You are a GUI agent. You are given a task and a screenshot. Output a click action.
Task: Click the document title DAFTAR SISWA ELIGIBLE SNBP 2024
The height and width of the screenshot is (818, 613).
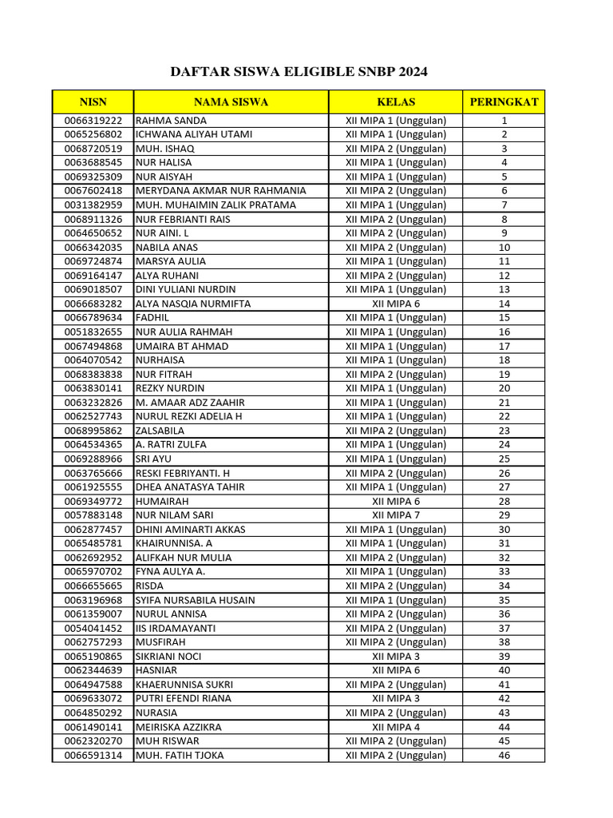pos(299,72)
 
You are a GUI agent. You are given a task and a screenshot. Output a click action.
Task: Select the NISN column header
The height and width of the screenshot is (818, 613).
pos(93,101)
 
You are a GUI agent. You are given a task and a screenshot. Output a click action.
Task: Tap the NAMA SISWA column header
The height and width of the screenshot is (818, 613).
pos(231,101)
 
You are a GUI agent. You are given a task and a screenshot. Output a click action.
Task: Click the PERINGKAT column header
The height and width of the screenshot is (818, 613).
pos(504,101)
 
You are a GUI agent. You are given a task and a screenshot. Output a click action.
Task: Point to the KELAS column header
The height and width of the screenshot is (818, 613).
pos(396,101)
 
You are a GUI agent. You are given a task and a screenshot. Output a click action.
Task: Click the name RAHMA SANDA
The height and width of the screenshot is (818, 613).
pos(172,120)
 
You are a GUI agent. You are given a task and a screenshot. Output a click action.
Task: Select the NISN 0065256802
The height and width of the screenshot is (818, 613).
pos(93,134)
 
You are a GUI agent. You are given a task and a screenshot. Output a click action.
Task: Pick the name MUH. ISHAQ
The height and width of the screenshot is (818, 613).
pos(165,149)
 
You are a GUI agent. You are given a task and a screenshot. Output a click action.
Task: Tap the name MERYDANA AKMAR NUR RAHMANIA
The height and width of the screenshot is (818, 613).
pos(221,191)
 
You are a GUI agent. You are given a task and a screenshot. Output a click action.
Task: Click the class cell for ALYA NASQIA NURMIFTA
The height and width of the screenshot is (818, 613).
pos(396,304)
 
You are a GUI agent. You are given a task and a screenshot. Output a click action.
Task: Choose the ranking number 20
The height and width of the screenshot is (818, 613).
pos(504,388)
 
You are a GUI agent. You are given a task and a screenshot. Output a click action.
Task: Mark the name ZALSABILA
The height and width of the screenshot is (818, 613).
pos(160,431)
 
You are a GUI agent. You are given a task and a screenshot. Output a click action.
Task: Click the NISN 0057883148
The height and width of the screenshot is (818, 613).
pos(93,515)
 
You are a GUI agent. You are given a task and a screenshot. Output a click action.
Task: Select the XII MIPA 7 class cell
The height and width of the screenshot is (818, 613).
pos(396,515)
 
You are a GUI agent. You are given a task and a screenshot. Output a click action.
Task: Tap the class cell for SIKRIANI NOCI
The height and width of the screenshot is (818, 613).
pos(396,656)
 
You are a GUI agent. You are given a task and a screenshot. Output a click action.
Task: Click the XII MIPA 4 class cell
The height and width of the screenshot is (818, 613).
pos(396,727)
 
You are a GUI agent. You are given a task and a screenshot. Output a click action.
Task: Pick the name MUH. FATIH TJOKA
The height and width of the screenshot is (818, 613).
pos(180,755)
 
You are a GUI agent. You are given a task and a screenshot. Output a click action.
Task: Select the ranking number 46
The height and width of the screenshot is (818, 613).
pos(504,755)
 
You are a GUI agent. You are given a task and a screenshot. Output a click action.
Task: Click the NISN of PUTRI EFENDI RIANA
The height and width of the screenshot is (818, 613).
pos(93,698)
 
